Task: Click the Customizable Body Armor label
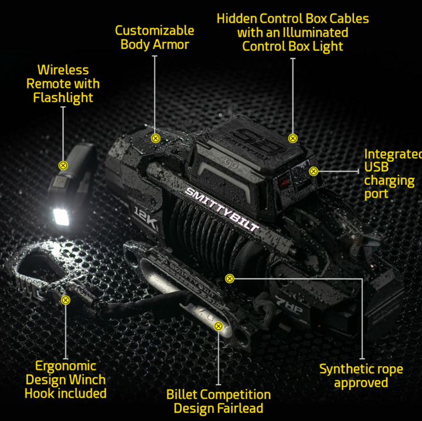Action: (x=155, y=37)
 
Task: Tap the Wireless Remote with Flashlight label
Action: (x=63, y=84)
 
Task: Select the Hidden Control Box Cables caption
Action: (x=292, y=32)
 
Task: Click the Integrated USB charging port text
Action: (x=392, y=174)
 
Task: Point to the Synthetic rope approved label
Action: (x=361, y=376)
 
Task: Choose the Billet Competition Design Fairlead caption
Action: (x=219, y=401)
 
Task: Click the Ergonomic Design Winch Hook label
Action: (x=65, y=379)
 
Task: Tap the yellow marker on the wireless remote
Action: (x=63, y=165)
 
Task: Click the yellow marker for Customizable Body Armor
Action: (x=155, y=139)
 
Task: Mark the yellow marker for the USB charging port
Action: (x=314, y=171)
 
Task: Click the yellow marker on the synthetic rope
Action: (x=230, y=279)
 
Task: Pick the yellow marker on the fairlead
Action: (x=219, y=326)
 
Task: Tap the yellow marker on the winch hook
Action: (x=65, y=300)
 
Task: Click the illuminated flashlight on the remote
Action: (x=61, y=216)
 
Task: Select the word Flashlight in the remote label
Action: (x=63, y=98)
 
